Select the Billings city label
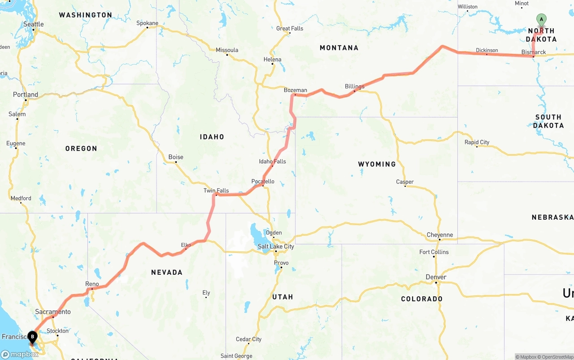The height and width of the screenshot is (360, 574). pyautogui.click(x=355, y=86)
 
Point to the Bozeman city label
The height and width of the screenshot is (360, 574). pyautogui.click(x=296, y=90)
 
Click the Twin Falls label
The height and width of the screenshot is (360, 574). pyautogui.click(x=216, y=191)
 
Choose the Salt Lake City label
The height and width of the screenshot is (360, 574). pyautogui.click(x=276, y=247)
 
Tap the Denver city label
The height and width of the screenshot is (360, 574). pyautogui.click(x=436, y=277)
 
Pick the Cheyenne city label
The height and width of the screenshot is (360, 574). pyautogui.click(x=440, y=235)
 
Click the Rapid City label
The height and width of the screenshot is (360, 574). pyautogui.click(x=477, y=142)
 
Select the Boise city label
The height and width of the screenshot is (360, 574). pyautogui.click(x=176, y=157)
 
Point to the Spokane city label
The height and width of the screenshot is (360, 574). pyautogui.click(x=147, y=23)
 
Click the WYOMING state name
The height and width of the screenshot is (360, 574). pyautogui.click(x=377, y=164)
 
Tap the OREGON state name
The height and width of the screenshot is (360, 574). pyautogui.click(x=81, y=148)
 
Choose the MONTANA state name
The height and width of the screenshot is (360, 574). pyautogui.click(x=339, y=48)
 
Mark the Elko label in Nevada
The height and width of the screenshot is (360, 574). pyautogui.click(x=186, y=245)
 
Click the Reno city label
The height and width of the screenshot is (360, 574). pyautogui.click(x=92, y=284)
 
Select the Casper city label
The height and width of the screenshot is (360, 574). pyautogui.click(x=405, y=182)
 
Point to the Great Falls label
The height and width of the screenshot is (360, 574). pyautogui.click(x=290, y=28)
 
